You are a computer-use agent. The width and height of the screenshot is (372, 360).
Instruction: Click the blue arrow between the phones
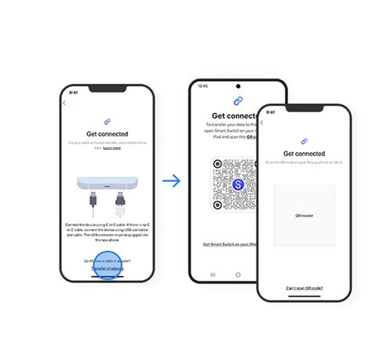171,180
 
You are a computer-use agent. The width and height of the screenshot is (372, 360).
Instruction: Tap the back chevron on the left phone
64,103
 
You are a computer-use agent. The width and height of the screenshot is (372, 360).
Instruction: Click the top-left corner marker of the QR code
218,164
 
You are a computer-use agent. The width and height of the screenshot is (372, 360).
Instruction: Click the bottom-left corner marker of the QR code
218,205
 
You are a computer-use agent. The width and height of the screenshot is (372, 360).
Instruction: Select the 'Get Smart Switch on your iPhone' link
229,244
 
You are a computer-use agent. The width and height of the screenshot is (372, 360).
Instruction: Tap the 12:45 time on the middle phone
202,86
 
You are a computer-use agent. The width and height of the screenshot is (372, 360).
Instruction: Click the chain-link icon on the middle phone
237,101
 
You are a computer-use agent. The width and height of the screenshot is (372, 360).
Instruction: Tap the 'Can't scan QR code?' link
304,288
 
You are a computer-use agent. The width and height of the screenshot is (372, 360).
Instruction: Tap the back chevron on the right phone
263,122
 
